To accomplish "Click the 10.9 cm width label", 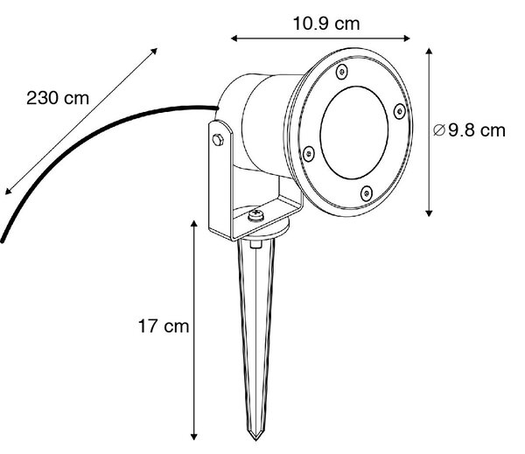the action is coord(326,24).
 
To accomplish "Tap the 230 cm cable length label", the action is coord(58,99).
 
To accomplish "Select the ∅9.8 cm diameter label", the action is coord(469,130).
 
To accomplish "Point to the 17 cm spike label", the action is coord(164,326).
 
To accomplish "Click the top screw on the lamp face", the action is coord(341,72).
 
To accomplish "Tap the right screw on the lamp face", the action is coord(400,111).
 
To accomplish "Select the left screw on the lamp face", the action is coord(308,154).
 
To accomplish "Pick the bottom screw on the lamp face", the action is coord(367,193).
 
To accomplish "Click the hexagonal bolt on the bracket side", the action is coord(218,140).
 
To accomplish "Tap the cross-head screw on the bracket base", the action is coord(256,215).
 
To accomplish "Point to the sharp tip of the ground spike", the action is coord(256,440).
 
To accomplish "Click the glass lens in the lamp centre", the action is coord(353,133).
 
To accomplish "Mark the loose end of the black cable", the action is coord(3,241).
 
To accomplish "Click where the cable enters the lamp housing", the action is coord(217,108).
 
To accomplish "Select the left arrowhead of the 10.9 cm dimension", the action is coord(234,38).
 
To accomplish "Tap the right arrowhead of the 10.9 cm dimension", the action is coord(407,38).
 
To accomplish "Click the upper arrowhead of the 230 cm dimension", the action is coord(154,51).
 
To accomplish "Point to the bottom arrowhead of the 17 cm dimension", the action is coord(193,437).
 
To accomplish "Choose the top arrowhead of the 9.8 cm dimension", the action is coord(429,52).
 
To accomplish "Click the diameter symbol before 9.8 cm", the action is coord(439,130).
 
